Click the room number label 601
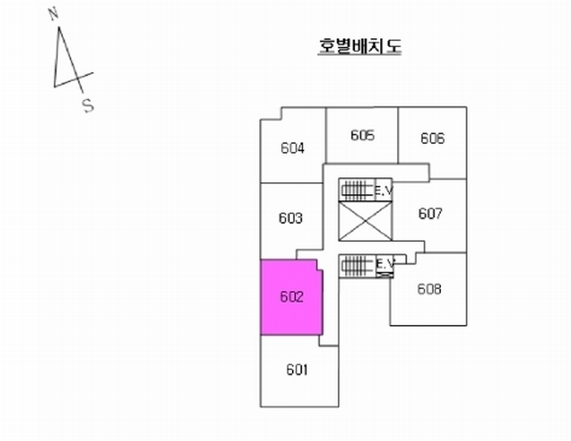click(297, 370)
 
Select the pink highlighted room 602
click(291, 298)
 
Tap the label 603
click(291, 218)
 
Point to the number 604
click(293, 148)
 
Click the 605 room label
click(363, 135)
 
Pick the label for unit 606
click(432, 138)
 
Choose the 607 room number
click(430, 214)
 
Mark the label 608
click(429, 289)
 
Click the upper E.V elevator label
click(384, 191)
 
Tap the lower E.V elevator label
click(385, 263)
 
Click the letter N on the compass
click(53, 14)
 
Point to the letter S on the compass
click(88, 106)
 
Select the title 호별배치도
click(360, 46)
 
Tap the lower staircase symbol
click(357, 265)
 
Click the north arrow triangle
click(66, 62)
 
